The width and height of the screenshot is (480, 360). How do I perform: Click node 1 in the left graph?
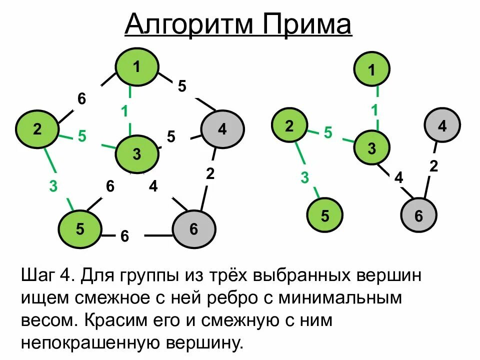[137, 66]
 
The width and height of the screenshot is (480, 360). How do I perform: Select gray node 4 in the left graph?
[222, 129]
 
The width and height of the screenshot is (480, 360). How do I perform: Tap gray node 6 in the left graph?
[194, 229]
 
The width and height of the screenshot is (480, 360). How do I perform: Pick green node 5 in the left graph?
[80, 229]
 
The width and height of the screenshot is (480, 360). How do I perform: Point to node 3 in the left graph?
[137, 154]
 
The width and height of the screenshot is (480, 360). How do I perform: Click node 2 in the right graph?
[289, 126]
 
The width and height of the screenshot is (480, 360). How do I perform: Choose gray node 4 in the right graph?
[442, 126]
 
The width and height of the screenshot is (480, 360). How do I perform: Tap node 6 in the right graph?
[418, 216]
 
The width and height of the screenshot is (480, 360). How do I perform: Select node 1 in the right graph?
[371, 70]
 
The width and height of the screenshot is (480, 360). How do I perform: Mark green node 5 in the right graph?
[325, 216]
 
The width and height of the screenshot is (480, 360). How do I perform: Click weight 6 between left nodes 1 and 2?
[81, 99]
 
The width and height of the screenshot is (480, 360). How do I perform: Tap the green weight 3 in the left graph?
[53, 186]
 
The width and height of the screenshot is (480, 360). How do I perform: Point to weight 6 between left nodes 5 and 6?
[124, 236]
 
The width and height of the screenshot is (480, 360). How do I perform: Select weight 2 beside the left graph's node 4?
[210, 174]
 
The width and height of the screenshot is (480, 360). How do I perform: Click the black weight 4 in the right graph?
[398, 177]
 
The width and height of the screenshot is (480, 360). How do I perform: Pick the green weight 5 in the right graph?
[328, 133]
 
